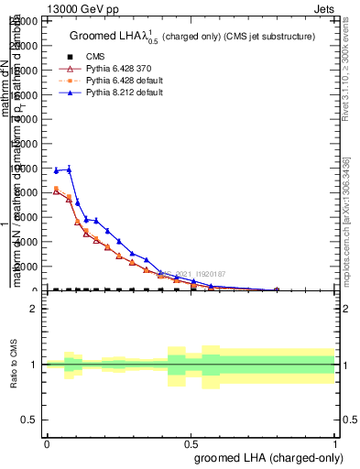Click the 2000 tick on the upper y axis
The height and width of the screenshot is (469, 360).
(31, 267)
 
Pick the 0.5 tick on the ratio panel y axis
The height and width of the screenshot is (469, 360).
(33, 420)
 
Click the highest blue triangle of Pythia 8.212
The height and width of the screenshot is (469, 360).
(68, 169)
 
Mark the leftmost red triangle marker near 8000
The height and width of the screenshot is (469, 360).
(57, 191)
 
